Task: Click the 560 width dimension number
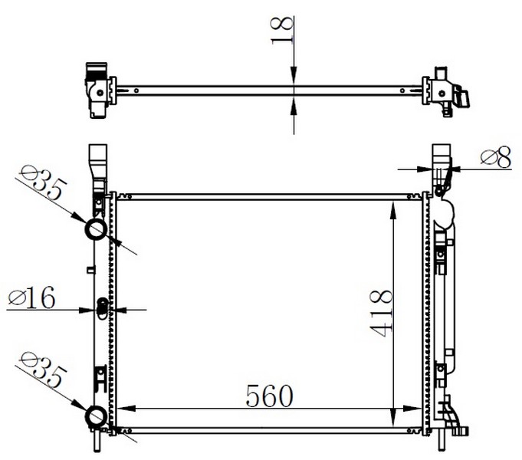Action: click(269, 396)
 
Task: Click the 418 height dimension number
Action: click(382, 314)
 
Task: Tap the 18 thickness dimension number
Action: click(282, 31)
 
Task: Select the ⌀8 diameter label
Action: click(496, 158)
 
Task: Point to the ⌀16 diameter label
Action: click(31, 297)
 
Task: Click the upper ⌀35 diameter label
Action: click(42, 183)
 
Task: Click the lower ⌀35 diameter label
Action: click(42, 369)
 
